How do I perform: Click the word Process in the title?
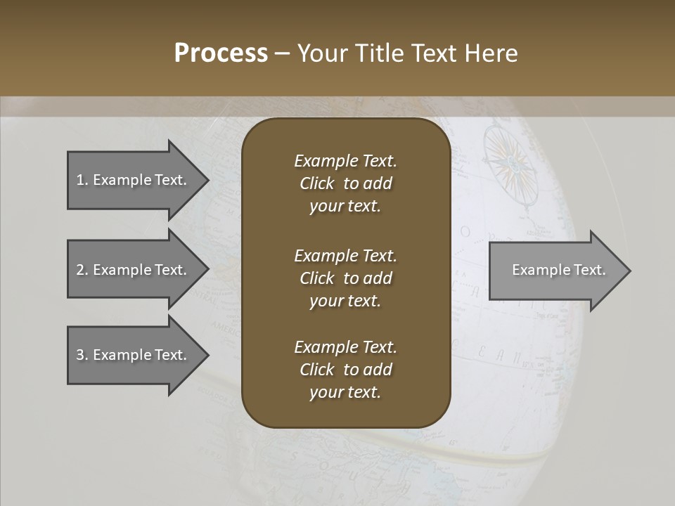[221, 53]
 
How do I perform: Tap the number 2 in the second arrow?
[80, 270]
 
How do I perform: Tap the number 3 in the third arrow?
[80, 355]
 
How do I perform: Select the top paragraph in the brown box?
[345, 183]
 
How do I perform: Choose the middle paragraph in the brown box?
[345, 278]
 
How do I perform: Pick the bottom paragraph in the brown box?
[345, 370]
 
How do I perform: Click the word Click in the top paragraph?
[316, 183]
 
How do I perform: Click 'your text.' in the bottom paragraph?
[345, 392]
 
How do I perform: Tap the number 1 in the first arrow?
[80, 180]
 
